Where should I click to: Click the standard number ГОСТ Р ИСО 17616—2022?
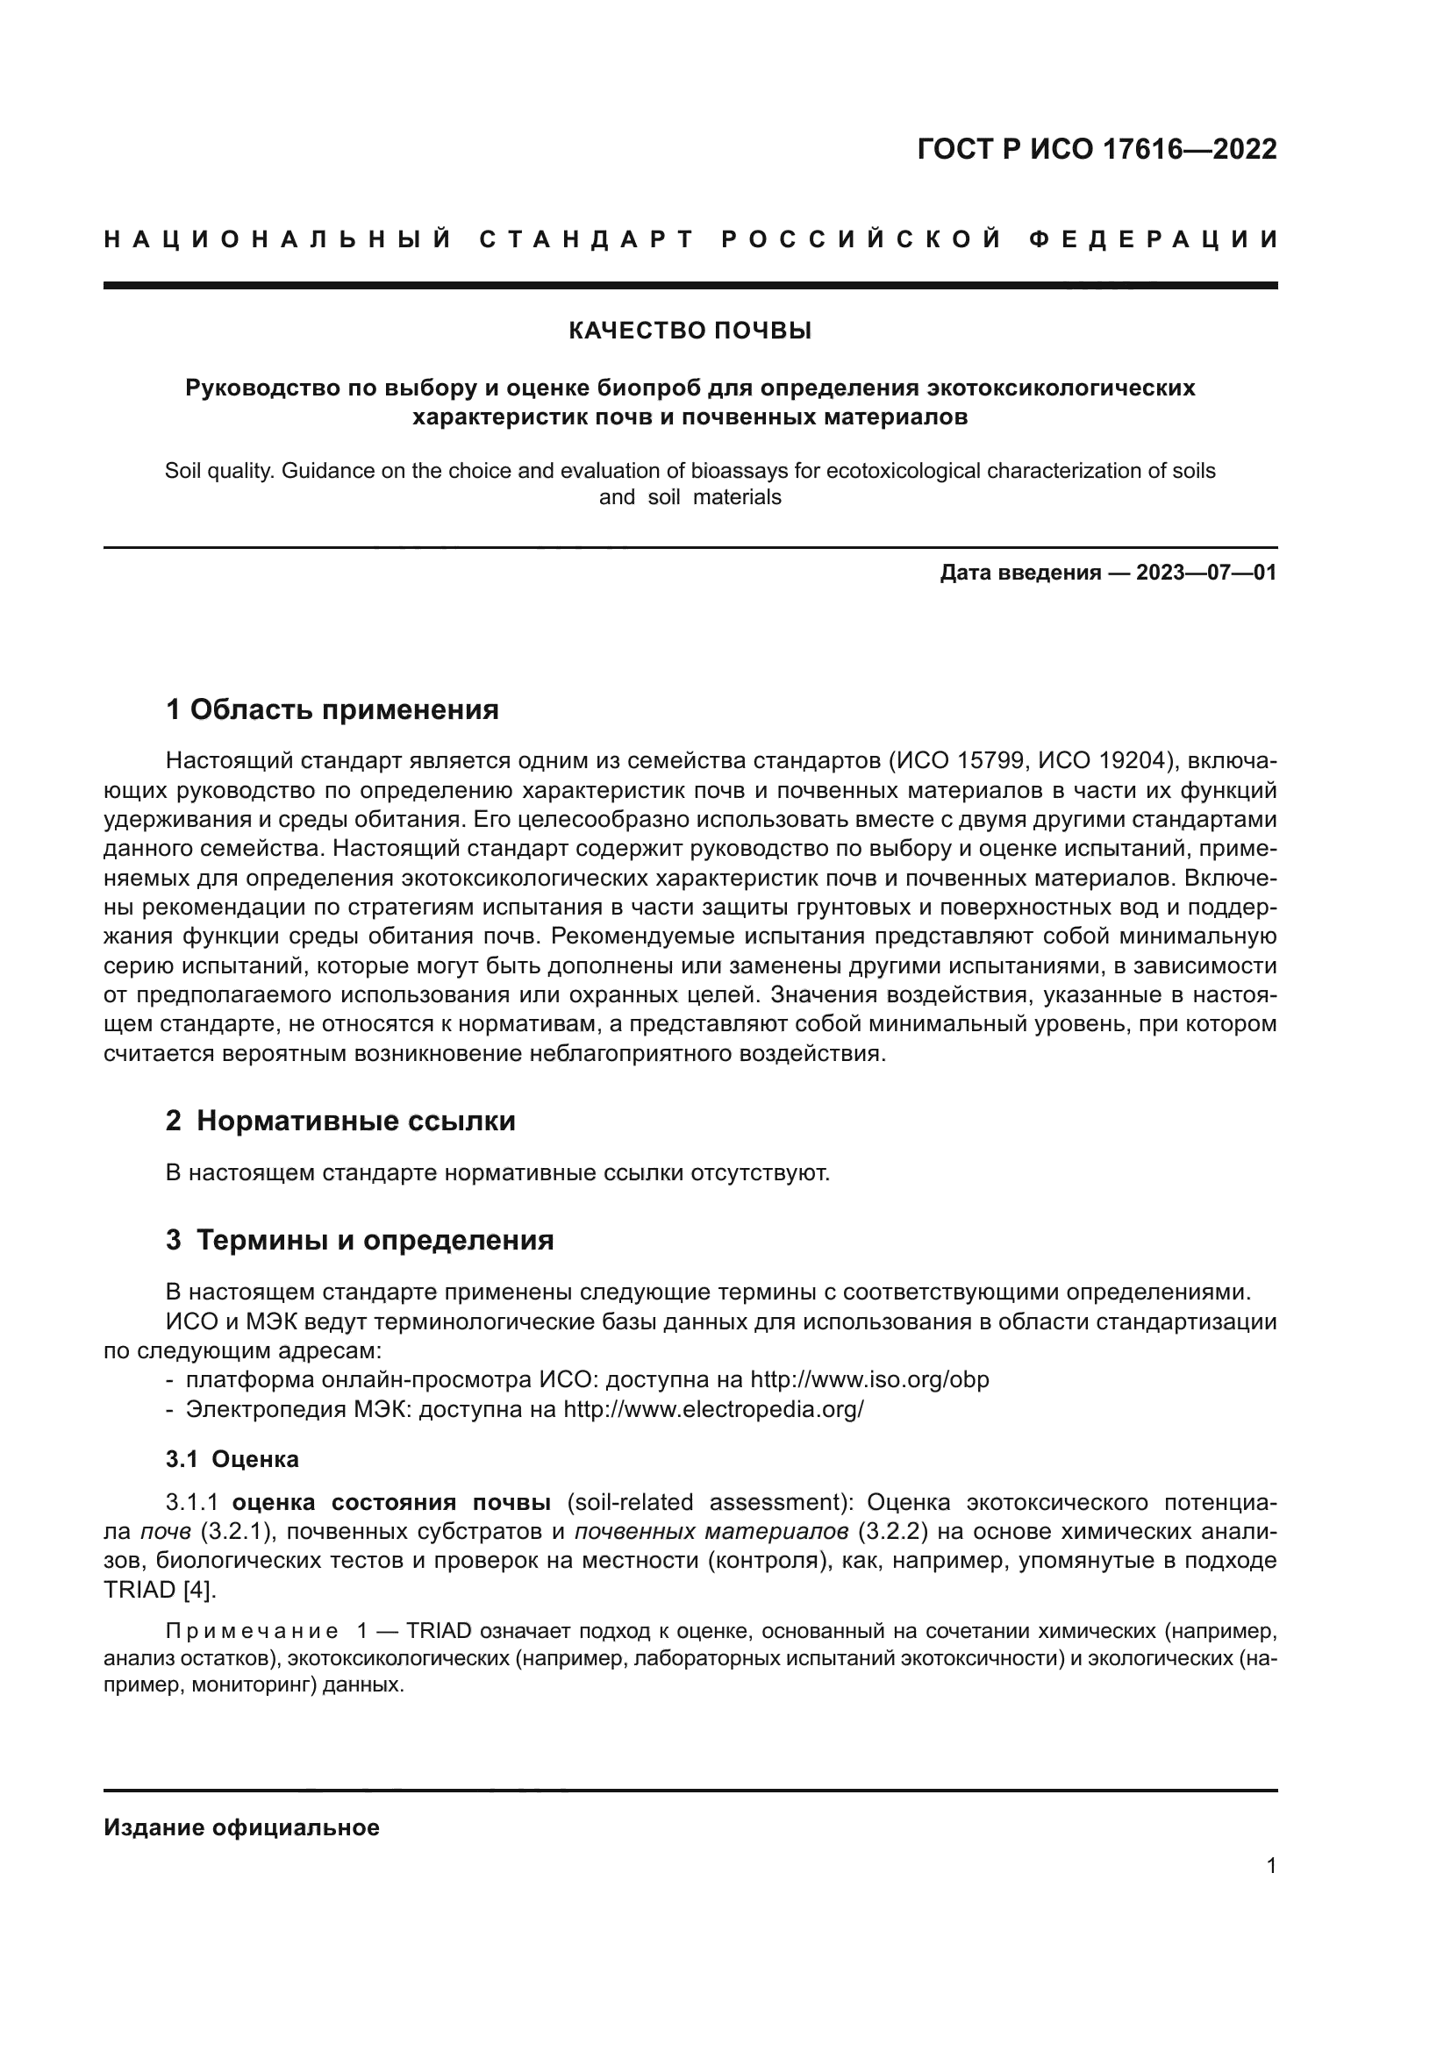click(1097, 149)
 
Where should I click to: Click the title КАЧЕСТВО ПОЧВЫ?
click(690, 331)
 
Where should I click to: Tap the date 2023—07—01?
click(1206, 573)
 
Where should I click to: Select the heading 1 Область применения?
click(332, 710)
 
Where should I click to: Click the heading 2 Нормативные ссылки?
click(340, 1122)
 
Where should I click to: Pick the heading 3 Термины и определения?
click(359, 1241)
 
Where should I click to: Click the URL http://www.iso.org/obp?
click(869, 1379)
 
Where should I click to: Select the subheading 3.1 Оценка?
click(232, 1460)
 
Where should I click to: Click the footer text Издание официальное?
click(241, 1827)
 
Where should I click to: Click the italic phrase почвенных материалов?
click(711, 1531)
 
